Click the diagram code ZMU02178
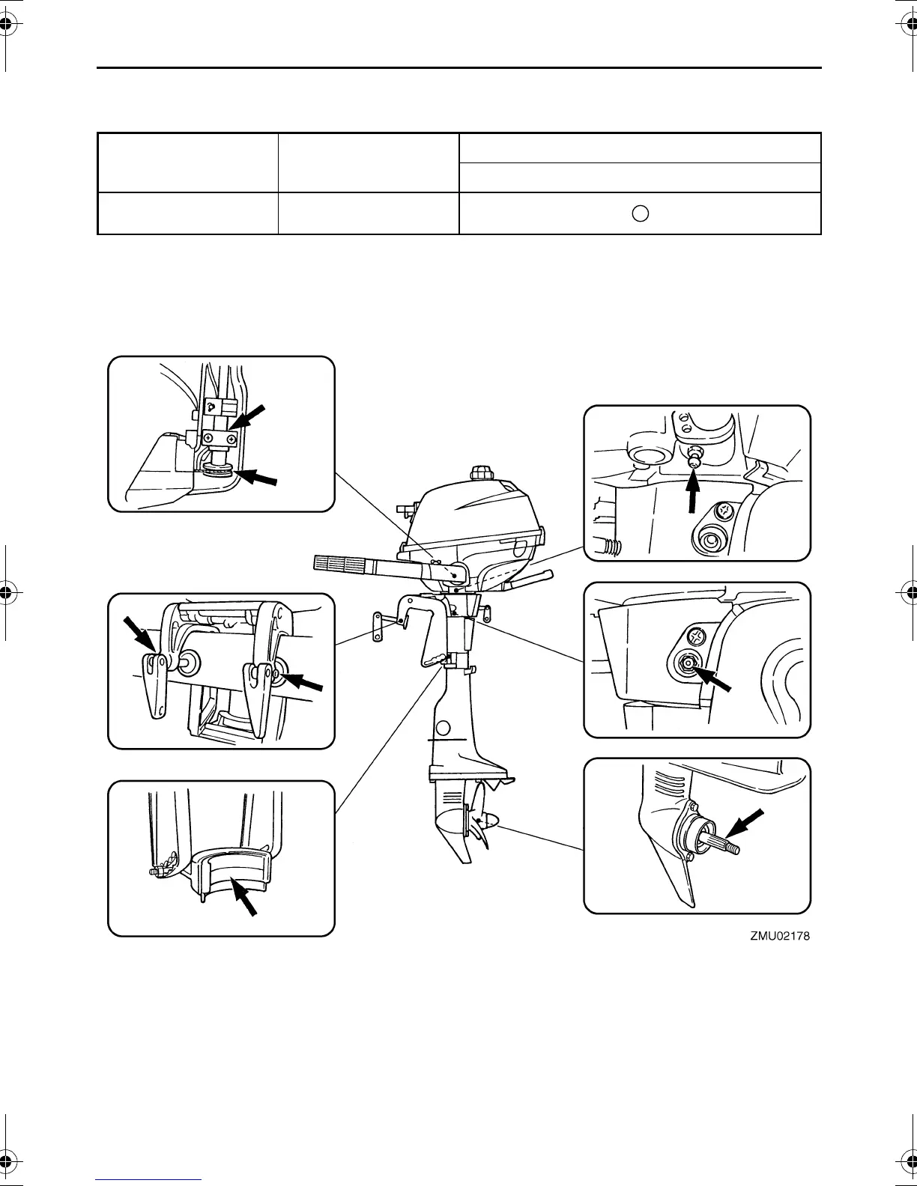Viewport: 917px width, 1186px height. point(779,936)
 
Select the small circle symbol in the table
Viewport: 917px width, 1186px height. point(639,213)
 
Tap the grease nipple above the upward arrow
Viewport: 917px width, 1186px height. point(694,454)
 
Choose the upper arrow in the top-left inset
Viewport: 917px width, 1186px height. point(250,415)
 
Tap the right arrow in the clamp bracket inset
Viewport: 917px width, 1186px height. point(304,681)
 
